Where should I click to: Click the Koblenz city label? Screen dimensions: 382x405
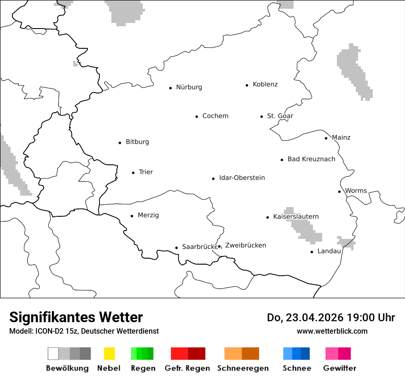[x=265, y=85]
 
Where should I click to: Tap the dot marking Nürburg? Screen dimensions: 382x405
[x=170, y=87]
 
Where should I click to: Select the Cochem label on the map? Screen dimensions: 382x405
[x=215, y=116]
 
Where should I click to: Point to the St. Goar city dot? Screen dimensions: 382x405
[x=261, y=116]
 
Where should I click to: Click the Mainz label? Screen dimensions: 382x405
[x=341, y=138]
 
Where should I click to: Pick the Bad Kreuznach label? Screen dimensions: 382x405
[x=311, y=159]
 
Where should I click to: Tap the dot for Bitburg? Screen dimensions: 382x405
[x=120, y=143]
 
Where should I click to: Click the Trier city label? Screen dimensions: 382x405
[x=145, y=172]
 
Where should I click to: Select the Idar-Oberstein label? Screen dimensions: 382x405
[x=242, y=178]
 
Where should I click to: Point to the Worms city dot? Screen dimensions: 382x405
[x=339, y=191]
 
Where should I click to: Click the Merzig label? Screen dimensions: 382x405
[x=148, y=215]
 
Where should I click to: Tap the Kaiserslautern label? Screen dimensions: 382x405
[x=295, y=217]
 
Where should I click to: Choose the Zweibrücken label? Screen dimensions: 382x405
[x=245, y=245]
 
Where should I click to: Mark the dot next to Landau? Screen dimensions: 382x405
[x=312, y=252]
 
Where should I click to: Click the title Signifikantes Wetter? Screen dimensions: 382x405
[x=76, y=317]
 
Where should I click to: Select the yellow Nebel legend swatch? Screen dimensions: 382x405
[x=109, y=353]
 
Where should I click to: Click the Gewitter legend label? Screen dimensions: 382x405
[x=340, y=368]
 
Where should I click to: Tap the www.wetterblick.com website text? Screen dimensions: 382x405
[x=332, y=331]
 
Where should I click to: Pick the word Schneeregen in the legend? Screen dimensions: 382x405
[x=243, y=368]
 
